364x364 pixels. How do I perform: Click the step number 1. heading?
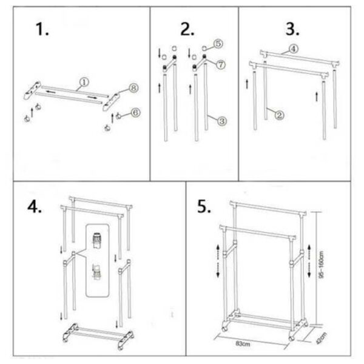pos(42,29)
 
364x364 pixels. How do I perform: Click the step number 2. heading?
pos(187,29)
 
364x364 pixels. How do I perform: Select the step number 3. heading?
pos(292,29)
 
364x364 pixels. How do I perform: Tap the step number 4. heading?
pos(35,206)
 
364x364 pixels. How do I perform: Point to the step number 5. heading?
pos(204,206)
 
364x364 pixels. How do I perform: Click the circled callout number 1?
pos(84,82)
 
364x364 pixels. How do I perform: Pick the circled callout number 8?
pos(133,88)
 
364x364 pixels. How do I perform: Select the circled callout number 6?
pos(136,113)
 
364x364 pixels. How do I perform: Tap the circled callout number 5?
pos(218,44)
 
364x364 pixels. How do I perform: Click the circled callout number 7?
pos(221,64)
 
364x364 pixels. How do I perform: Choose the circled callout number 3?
pos(222,121)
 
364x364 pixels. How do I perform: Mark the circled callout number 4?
pos(294,49)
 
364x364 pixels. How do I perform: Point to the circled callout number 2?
pos(280,115)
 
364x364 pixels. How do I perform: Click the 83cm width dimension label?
pos(243,343)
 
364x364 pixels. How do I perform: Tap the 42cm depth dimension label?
pos(322,338)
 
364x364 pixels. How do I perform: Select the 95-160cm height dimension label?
pos(321,265)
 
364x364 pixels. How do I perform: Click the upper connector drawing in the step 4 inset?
pos(97,240)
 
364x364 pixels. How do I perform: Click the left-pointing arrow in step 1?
pos(52,92)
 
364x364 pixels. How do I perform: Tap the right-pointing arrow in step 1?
pos(92,97)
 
